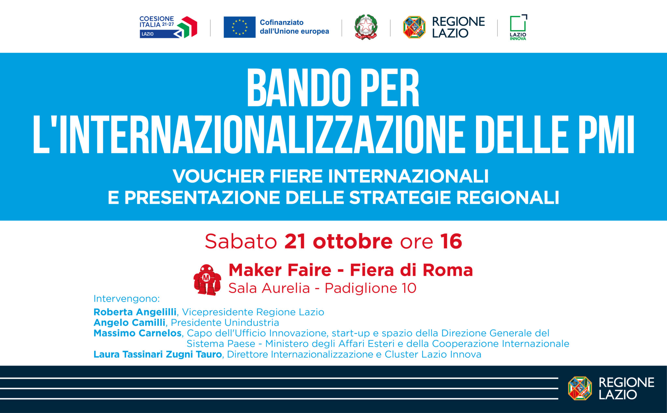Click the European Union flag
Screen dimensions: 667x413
pyautogui.click(x=239, y=27)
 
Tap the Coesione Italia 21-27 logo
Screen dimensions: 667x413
pyautogui.click(x=168, y=27)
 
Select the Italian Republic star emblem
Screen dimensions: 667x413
pyautogui.click(x=366, y=27)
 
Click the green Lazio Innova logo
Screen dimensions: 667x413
pyautogui.click(x=518, y=27)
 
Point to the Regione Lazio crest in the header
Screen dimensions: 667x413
pyautogui.click(x=414, y=27)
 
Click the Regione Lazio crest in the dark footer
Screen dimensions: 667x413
pyautogui.click(x=580, y=388)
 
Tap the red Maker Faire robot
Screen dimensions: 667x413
pyautogui.click(x=207, y=280)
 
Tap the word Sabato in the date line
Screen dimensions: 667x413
pyautogui.click(x=241, y=242)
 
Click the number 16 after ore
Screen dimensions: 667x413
pyautogui.click(x=451, y=242)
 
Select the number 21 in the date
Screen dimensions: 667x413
pyautogui.click(x=295, y=242)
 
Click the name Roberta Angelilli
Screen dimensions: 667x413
pyautogui.click(x=135, y=312)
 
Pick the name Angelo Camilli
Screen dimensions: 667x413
pyautogui.click(x=129, y=323)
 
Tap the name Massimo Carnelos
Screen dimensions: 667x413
pyautogui.click(x=137, y=333)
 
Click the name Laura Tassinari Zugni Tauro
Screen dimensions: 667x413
pyautogui.click(x=158, y=354)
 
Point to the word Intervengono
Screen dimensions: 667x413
pyautogui.click(x=126, y=299)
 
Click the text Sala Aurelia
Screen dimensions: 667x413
pyautogui.click(x=269, y=288)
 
